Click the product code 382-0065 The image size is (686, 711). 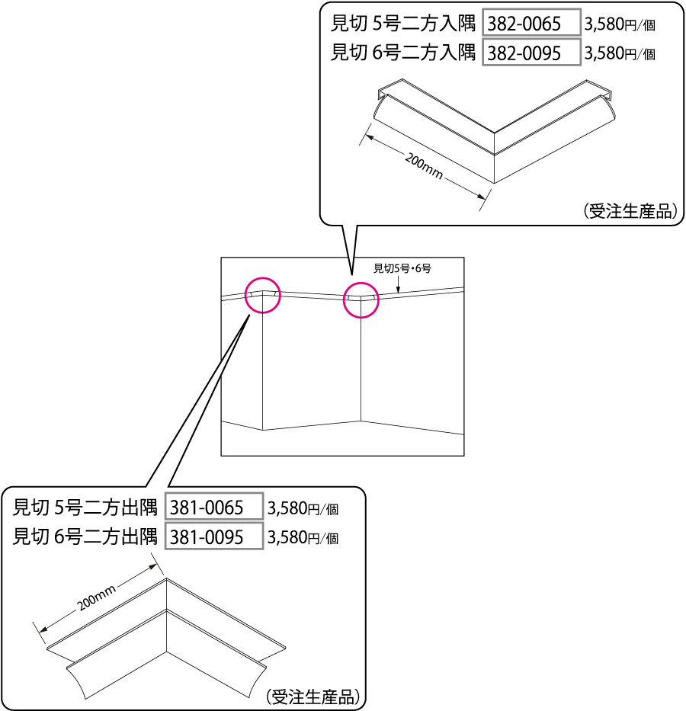click(524, 24)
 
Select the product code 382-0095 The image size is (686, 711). click(524, 53)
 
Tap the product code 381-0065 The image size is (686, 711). click(207, 508)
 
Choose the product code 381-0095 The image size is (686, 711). click(207, 537)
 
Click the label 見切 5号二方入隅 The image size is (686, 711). click(403, 24)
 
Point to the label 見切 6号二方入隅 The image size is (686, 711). click(403, 53)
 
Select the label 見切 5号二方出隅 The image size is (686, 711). click(85, 508)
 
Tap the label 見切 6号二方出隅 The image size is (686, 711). click(85, 536)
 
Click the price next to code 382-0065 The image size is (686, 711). click(620, 24)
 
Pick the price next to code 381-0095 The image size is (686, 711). click(303, 538)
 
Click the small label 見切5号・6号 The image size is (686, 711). click(402, 268)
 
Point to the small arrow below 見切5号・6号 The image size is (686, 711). click(398, 284)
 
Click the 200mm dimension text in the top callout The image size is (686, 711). click(424, 166)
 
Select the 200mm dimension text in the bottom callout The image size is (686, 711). click(96, 597)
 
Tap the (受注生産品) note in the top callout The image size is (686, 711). click(630, 211)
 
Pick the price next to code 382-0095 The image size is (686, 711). click(620, 54)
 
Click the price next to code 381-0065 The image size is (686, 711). click(303, 509)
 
